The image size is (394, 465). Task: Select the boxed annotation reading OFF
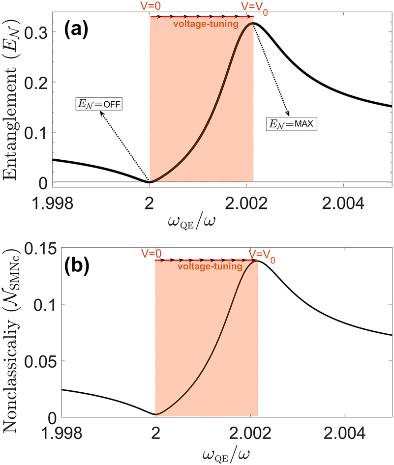[98, 104]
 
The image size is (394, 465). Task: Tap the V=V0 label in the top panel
[254, 7]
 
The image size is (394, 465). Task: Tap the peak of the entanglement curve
[253, 23]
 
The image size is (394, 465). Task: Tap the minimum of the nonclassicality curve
[156, 414]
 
